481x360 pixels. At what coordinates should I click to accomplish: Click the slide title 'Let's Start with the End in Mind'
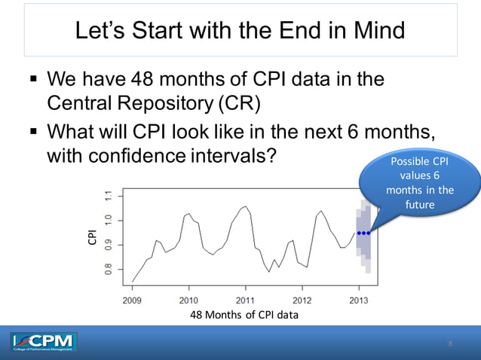click(x=240, y=31)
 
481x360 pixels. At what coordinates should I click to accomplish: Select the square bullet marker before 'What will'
click(x=33, y=133)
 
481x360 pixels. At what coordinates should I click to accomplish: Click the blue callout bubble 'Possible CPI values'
click(x=419, y=183)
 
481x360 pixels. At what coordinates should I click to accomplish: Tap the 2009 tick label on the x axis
click(x=132, y=298)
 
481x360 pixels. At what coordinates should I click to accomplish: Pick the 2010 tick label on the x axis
click(x=188, y=298)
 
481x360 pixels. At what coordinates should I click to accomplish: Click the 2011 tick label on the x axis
click(x=245, y=298)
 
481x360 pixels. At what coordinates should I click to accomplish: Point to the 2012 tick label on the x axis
click(x=302, y=298)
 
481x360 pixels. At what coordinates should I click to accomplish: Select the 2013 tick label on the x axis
click(x=358, y=298)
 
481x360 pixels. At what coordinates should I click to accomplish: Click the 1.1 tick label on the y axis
click(x=109, y=197)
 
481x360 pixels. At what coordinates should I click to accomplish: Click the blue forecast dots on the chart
click(x=363, y=233)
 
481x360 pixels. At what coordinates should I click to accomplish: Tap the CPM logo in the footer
click(x=44, y=343)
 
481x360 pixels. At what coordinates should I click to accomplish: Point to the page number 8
click(x=450, y=344)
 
